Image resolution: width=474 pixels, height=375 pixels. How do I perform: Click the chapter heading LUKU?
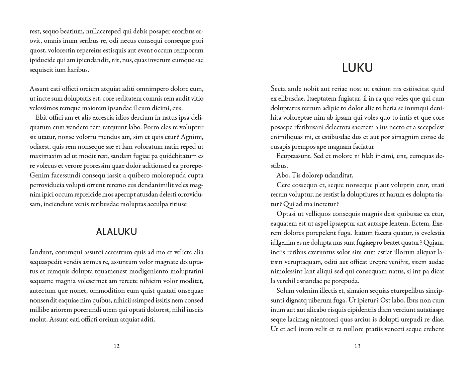point(357,68)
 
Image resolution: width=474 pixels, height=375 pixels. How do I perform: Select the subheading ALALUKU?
point(116,232)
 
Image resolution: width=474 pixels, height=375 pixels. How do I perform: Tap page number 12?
point(116,346)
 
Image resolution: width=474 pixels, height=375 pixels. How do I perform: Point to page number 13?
point(357,346)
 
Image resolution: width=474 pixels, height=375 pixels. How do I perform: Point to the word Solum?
point(285,291)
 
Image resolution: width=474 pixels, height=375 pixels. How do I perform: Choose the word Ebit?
point(41,118)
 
